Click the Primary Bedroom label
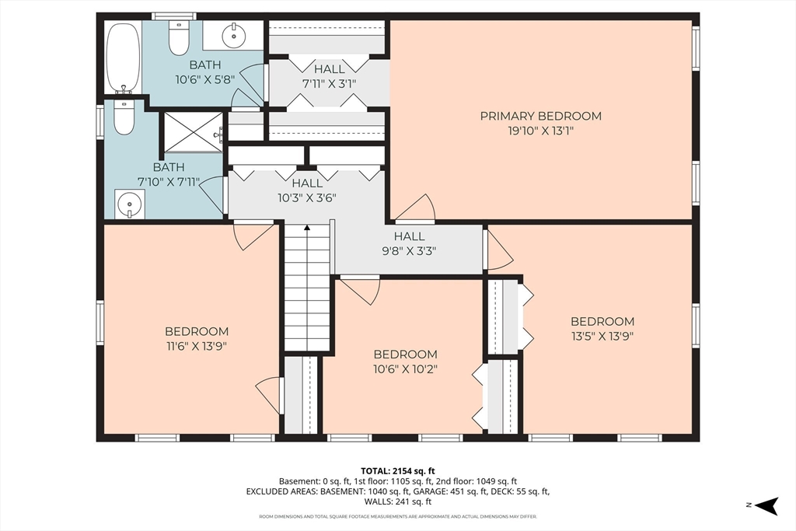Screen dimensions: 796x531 541,116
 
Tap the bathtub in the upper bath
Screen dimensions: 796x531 124,58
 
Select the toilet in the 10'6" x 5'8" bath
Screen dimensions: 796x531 179,37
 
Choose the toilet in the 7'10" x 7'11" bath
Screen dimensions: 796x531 124,117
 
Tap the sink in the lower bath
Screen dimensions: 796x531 130,204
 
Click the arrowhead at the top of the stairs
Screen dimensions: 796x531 306,228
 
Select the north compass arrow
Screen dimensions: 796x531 766,505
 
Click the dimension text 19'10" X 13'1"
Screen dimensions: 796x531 541,131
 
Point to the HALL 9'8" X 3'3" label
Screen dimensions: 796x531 410,243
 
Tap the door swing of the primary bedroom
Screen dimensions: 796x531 416,208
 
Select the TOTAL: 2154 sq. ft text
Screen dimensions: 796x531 398,471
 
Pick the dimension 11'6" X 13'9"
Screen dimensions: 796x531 196,346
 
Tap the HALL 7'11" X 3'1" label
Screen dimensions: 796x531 330,76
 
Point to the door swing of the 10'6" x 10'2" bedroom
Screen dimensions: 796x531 360,290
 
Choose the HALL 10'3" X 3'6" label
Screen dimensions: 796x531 307,190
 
